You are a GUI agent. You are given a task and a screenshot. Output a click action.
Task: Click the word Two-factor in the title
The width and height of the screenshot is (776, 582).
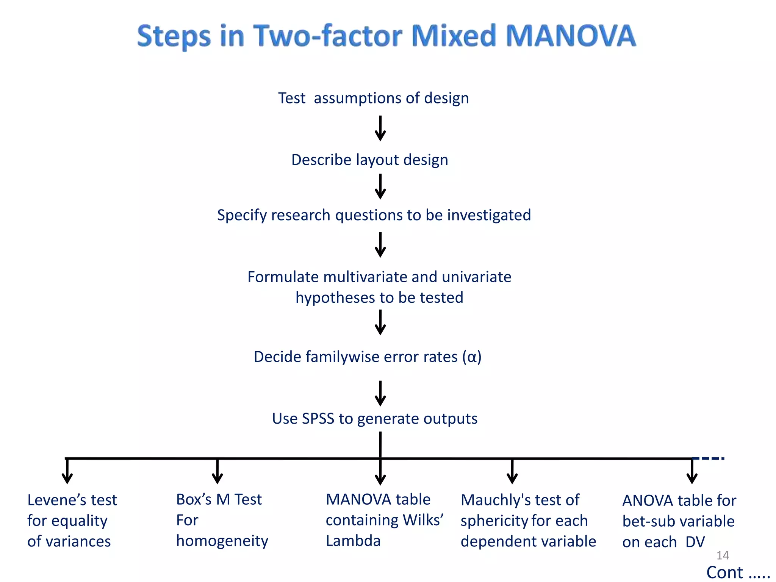coord(328,36)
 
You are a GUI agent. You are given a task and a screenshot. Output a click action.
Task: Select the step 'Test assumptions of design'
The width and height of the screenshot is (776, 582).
coord(373,98)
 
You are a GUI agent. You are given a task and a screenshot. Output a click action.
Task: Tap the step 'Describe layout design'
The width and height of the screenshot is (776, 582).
coord(369,160)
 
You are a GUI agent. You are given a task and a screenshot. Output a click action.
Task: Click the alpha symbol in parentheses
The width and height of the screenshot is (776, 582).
coord(472,357)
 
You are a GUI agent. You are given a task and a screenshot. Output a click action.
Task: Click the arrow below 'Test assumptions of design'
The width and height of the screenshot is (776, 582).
coord(380,129)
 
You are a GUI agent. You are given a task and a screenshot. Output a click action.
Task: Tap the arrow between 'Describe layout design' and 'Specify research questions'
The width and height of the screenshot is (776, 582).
coord(380,187)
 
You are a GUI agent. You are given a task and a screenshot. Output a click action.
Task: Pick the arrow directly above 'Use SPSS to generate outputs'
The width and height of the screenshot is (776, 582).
coord(380,394)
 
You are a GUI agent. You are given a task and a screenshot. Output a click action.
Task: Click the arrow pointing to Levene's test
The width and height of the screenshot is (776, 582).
coord(67,472)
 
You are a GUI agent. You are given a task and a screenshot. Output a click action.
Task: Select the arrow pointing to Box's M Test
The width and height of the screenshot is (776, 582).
coord(217,472)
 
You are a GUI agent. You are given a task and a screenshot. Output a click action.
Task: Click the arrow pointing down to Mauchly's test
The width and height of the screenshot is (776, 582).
coord(512,472)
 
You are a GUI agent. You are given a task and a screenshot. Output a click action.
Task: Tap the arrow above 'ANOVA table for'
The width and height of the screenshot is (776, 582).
coord(692,472)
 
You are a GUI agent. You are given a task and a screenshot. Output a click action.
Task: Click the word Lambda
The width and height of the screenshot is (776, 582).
coord(353,541)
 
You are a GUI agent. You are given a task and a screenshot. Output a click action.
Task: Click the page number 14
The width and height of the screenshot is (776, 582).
coord(723,555)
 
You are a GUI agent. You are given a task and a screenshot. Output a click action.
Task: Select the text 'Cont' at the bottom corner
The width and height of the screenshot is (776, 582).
coord(724,573)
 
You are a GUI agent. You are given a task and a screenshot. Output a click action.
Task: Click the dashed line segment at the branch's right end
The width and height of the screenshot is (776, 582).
coord(708,458)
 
